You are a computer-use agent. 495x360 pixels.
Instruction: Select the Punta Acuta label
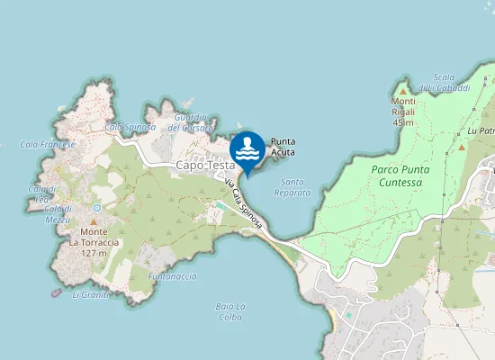tap(283, 147)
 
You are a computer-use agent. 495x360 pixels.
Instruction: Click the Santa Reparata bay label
tap(292, 187)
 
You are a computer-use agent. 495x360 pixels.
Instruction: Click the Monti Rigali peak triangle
tap(402, 90)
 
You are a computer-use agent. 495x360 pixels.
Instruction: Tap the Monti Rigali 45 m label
tap(402, 112)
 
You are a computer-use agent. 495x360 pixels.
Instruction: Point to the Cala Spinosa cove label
tap(125, 127)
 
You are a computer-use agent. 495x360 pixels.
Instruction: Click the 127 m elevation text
tap(94, 254)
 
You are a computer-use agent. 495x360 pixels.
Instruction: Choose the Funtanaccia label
tap(172, 276)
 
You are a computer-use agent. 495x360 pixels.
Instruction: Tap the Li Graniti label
tap(90, 294)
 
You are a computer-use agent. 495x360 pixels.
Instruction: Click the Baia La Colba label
tap(231, 311)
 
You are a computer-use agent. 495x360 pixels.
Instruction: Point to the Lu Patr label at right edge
tap(481, 130)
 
